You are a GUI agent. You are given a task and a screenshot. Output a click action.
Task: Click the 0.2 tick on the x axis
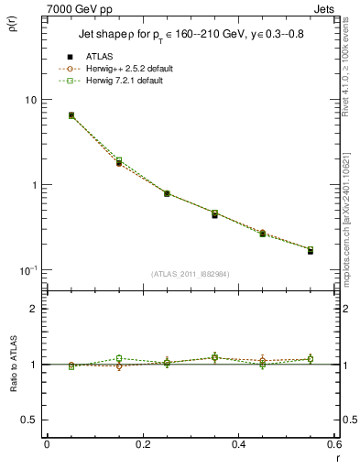tap(142, 444)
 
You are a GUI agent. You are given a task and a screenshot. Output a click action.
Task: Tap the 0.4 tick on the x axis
tap(238, 444)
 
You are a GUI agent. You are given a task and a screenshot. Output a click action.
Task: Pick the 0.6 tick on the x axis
tap(333, 444)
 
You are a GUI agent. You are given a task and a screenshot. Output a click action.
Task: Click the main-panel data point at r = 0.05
tap(71, 115)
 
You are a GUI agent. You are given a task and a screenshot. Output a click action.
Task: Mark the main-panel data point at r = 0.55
tap(310, 250)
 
